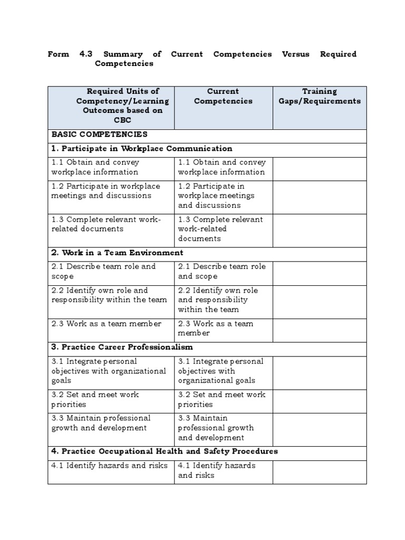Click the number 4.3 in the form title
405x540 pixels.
pos(85,54)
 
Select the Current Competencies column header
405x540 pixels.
pos(223,96)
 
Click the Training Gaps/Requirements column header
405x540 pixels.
pos(320,96)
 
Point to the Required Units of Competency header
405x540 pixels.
pos(110,106)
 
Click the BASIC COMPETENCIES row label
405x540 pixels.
pos(99,134)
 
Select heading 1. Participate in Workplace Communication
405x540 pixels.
pos(142,149)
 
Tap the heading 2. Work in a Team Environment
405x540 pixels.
pos(117,253)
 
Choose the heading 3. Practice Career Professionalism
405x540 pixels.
pos(122,347)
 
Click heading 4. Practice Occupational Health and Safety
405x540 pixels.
pos(164,451)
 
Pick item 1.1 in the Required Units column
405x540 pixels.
pos(95,167)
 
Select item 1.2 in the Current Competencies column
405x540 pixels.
pos(216,196)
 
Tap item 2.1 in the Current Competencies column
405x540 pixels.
pos(221,271)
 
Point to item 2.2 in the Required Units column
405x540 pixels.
pos(109,295)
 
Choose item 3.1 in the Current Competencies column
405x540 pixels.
pos(220,371)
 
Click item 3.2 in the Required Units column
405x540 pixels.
pos(95,399)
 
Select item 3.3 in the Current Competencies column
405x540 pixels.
pos(216,428)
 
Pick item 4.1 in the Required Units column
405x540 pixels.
pos(109,466)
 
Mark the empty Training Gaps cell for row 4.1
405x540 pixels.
pos(320,470)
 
